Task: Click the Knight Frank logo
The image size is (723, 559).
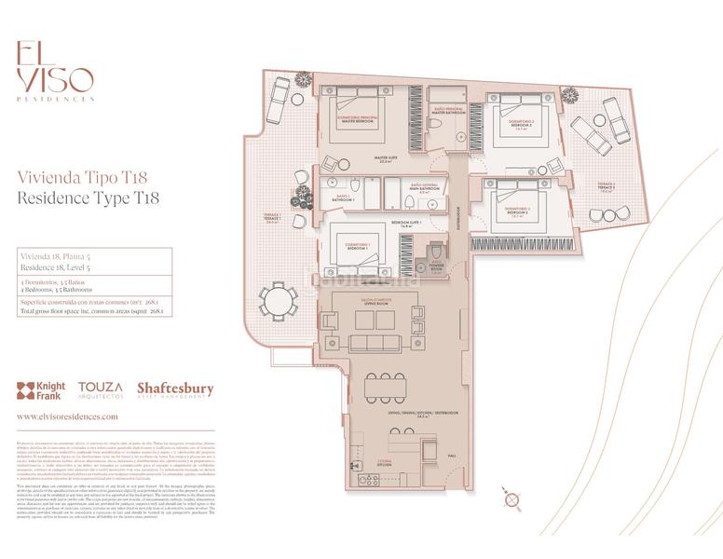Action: (41, 389)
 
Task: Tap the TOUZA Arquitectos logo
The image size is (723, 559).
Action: (100, 389)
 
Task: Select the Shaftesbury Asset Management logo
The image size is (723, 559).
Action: (174, 390)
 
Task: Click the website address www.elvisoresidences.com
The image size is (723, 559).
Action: (67, 417)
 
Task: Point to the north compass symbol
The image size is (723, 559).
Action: (510, 501)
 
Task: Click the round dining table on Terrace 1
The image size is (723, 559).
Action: (277, 301)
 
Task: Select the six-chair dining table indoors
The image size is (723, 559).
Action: (385, 387)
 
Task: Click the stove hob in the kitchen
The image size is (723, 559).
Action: (369, 481)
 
